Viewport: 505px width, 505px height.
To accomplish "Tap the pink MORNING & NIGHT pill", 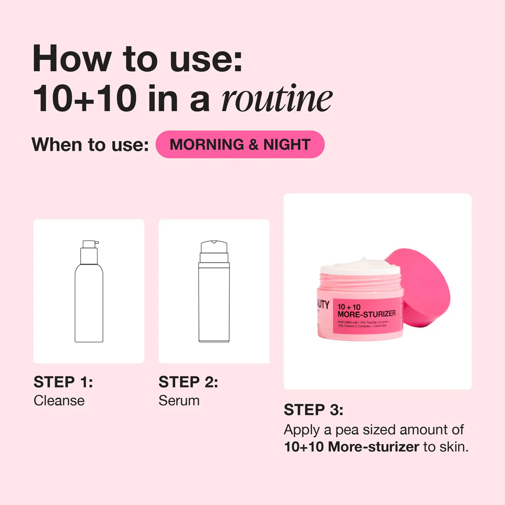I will [x=240, y=145].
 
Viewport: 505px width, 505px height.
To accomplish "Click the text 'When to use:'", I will [x=90, y=145].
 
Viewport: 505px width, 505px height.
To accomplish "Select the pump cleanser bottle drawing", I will [x=89, y=298].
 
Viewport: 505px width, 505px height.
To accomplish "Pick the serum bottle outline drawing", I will [x=214, y=298].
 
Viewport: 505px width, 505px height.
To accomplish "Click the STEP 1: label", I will [x=63, y=382].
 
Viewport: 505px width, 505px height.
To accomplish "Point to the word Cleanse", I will [x=59, y=401].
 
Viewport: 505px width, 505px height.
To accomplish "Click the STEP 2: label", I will [x=188, y=382].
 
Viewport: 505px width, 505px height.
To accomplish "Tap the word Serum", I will [x=179, y=401].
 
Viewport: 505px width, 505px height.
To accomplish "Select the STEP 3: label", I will [x=314, y=410].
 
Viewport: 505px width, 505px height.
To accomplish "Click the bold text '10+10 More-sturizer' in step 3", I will [x=351, y=447].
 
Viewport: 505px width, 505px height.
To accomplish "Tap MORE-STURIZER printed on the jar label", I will [x=367, y=314].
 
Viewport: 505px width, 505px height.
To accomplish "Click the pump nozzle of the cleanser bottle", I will [x=90, y=244].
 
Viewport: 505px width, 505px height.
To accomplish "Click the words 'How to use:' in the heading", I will [x=137, y=59].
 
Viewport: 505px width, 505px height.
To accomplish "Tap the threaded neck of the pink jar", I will [x=360, y=281].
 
